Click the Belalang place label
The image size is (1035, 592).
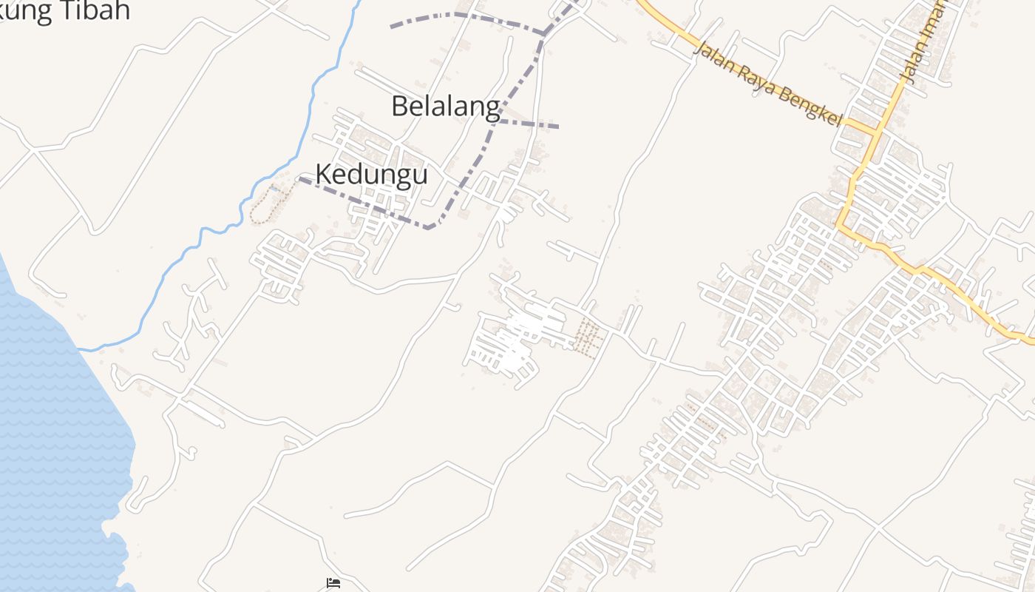[x=445, y=107]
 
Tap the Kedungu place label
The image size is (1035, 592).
[x=371, y=175]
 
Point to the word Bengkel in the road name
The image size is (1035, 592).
[x=809, y=108]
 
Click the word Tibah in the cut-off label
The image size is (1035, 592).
[x=97, y=10]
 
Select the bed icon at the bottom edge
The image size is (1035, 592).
[x=333, y=584]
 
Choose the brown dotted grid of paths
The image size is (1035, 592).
[x=588, y=337]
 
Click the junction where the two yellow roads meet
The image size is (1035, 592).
[x=876, y=133]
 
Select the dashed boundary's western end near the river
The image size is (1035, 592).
[x=300, y=178]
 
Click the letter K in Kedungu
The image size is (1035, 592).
[x=323, y=175]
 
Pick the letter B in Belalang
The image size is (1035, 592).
[x=399, y=107]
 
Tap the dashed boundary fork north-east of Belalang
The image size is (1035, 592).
[x=545, y=33]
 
